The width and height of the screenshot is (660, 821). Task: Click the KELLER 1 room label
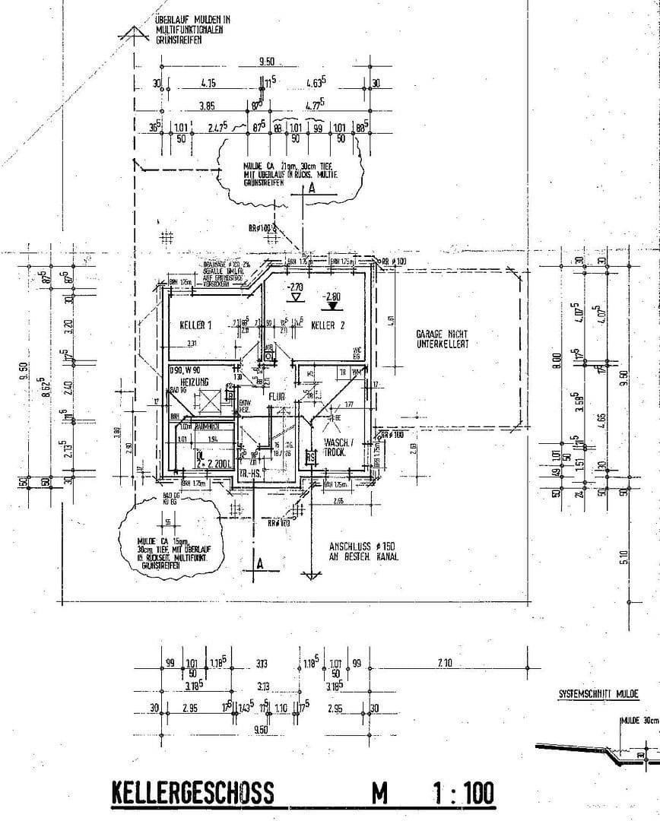click(x=195, y=325)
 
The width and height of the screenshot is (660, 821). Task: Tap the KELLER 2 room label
click(x=328, y=325)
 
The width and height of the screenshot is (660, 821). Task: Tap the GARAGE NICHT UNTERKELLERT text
click(x=442, y=338)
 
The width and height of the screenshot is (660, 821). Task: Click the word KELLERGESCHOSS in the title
click(x=192, y=793)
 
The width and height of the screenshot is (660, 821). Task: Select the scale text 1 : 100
click(x=462, y=793)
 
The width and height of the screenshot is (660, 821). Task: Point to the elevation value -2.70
click(x=295, y=287)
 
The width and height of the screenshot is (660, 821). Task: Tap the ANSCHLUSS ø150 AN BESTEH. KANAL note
click(x=363, y=551)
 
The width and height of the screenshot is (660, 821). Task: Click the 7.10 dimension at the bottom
click(x=445, y=664)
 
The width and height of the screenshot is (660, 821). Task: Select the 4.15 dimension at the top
click(x=209, y=82)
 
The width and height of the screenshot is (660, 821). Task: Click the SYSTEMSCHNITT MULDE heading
click(x=598, y=694)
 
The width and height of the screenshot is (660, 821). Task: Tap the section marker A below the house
click(x=259, y=563)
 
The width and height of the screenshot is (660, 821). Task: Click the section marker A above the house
click(x=311, y=190)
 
